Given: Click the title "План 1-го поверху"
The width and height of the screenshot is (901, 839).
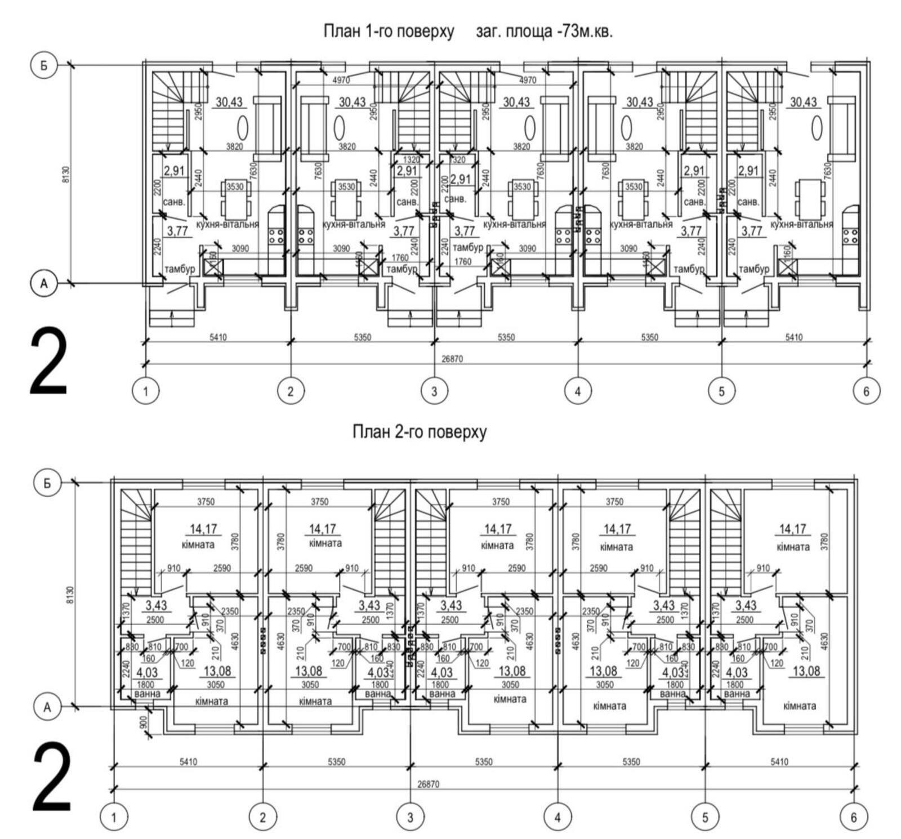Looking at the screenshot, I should pos(388,31).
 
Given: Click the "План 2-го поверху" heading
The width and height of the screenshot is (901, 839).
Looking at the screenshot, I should pos(419,432).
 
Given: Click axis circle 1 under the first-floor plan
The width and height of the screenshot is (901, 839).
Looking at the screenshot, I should pos(146,391).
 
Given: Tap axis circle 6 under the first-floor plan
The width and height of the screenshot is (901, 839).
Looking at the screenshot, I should pos(866,391).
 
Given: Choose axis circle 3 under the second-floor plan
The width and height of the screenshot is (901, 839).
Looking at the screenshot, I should pos(410,817).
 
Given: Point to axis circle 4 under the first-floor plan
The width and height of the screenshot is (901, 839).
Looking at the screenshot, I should pos(577,391).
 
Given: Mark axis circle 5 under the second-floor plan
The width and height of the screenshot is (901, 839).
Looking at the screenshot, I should pos(706,817).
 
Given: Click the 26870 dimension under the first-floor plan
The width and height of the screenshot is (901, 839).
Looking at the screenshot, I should pos(452,359).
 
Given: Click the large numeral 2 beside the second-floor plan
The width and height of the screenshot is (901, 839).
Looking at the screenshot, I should pos(52,778).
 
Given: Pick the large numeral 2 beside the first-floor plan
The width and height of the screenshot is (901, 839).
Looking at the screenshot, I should pos(48,363).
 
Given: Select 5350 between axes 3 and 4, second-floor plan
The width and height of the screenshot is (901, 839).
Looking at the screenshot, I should pos(483,762).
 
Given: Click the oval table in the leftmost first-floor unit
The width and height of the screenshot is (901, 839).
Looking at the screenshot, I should pos(242,127).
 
